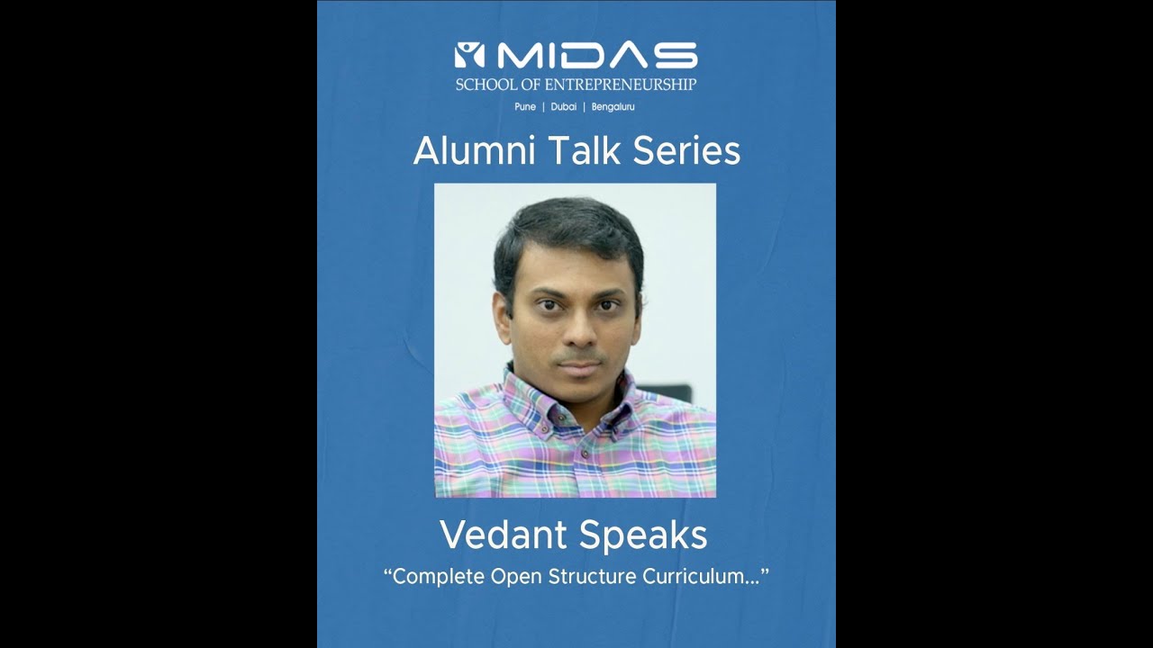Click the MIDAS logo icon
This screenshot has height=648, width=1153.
469,56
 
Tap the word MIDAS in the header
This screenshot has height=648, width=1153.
596,56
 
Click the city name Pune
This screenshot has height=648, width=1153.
524,107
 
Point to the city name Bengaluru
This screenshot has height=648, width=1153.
613,107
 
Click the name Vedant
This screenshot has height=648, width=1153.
502,535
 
